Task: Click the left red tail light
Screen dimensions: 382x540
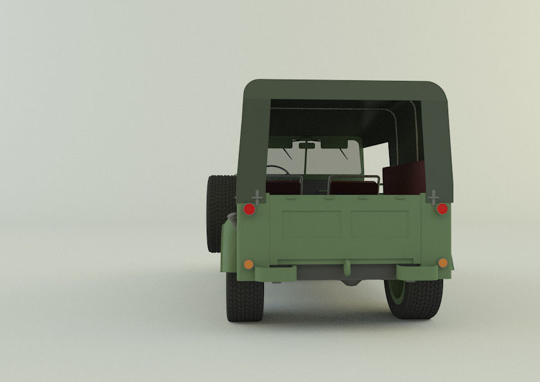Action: (249, 209)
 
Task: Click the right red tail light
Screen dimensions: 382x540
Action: (442, 209)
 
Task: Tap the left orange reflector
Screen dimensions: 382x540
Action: (248, 264)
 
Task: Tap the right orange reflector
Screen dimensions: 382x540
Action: (442, 263)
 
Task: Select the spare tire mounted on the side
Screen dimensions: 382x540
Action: (220, 212)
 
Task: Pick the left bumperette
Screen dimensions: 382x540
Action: (276, 273)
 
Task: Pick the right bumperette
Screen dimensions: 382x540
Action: (416, 272)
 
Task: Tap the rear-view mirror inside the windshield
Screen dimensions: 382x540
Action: (308, 146)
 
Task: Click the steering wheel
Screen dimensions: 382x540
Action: (277, 170)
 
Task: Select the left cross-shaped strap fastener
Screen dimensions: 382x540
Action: (257, 196)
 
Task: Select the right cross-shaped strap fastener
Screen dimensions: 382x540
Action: (433, 196)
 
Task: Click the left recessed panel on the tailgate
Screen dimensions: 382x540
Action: (311, 225)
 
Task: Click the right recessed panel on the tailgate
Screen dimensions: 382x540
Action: (379, 225)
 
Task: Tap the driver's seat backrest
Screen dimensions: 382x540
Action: (283, 186)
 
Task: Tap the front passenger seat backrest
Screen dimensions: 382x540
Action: (354, 187)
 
